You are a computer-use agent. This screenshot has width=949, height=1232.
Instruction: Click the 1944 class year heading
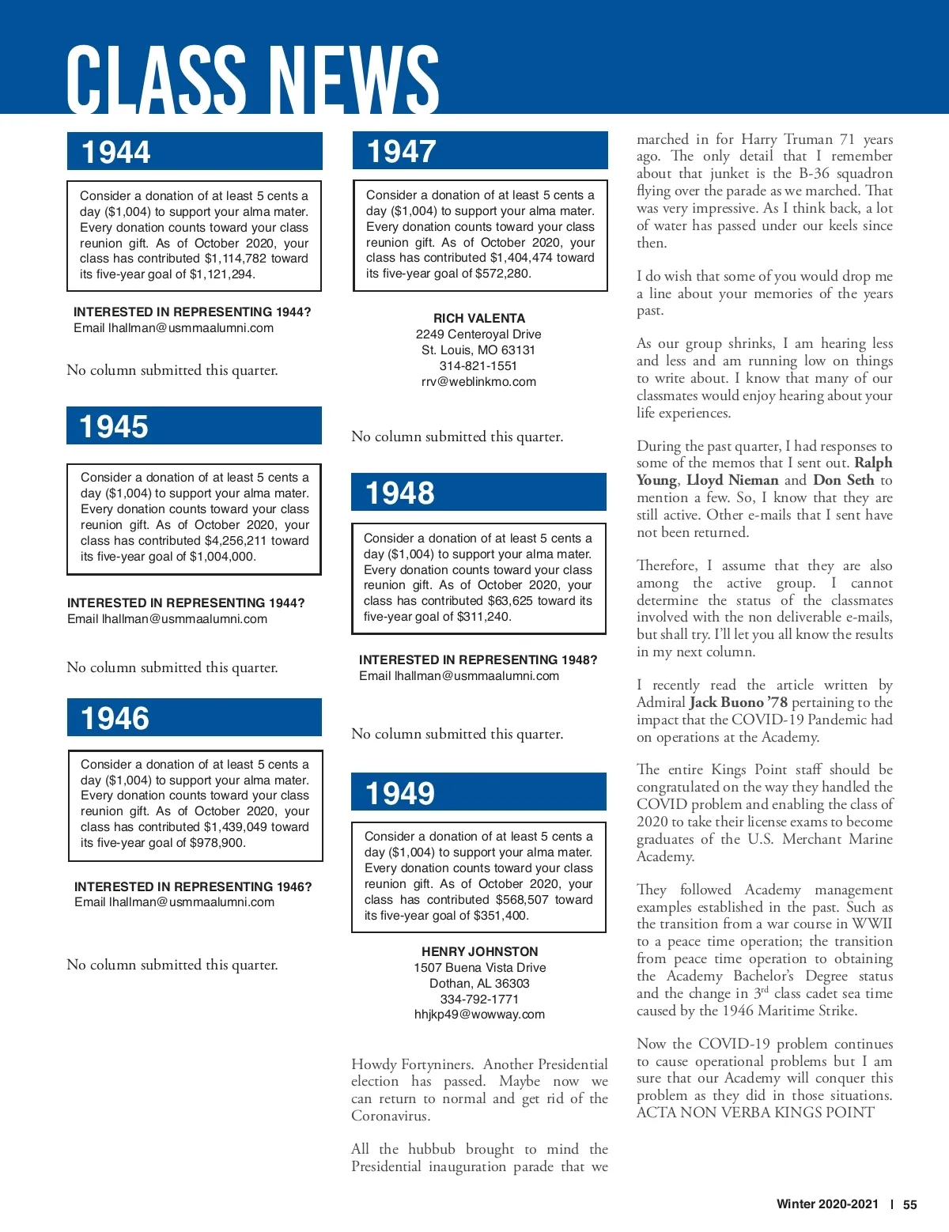coord(116,152)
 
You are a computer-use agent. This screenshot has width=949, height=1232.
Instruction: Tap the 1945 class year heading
coord(114,427)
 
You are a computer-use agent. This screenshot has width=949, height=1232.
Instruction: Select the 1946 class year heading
coord(115,718)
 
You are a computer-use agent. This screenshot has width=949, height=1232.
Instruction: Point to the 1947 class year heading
coord(401,151)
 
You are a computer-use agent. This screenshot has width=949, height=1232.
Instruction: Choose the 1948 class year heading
coord(399,493)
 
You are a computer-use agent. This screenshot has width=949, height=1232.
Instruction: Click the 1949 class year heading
coord(399,793)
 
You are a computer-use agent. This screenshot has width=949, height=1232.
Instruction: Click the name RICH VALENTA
coord(479,318)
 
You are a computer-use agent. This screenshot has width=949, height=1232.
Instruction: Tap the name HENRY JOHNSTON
coord(479,952)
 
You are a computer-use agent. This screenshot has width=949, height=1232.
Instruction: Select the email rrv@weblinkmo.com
coord(478,382)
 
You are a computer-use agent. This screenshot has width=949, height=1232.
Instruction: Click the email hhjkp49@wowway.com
coord(479,1015)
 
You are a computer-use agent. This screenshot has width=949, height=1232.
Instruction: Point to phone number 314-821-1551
coord(478,366)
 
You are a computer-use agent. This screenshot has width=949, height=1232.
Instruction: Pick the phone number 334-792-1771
coord(479,999)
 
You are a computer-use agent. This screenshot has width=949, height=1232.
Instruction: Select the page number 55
coord(910,1204)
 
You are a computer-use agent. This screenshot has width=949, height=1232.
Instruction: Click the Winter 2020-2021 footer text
coord(827,1204)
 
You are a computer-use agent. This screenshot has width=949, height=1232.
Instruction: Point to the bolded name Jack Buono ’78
coord(739,702)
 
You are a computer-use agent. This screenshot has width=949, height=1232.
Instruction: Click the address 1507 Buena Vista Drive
coord(479,968)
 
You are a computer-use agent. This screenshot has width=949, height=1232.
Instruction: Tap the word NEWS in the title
coord(354,79)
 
